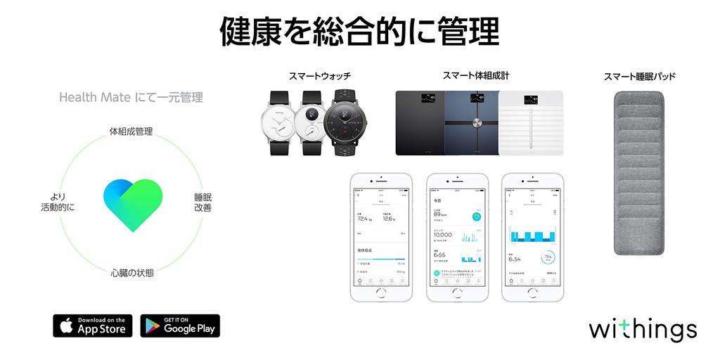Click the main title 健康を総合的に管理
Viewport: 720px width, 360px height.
359,31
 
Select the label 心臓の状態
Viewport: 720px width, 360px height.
131,272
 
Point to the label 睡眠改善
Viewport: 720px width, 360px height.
202,202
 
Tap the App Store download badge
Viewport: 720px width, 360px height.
92,326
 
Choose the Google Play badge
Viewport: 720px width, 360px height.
180,326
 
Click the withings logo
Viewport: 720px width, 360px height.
642,328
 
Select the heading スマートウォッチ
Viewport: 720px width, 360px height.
319,76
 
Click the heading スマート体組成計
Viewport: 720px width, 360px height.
476,75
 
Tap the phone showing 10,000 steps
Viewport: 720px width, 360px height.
458,236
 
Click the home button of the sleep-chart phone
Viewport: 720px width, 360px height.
533,291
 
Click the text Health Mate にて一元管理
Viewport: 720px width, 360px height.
131,98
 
